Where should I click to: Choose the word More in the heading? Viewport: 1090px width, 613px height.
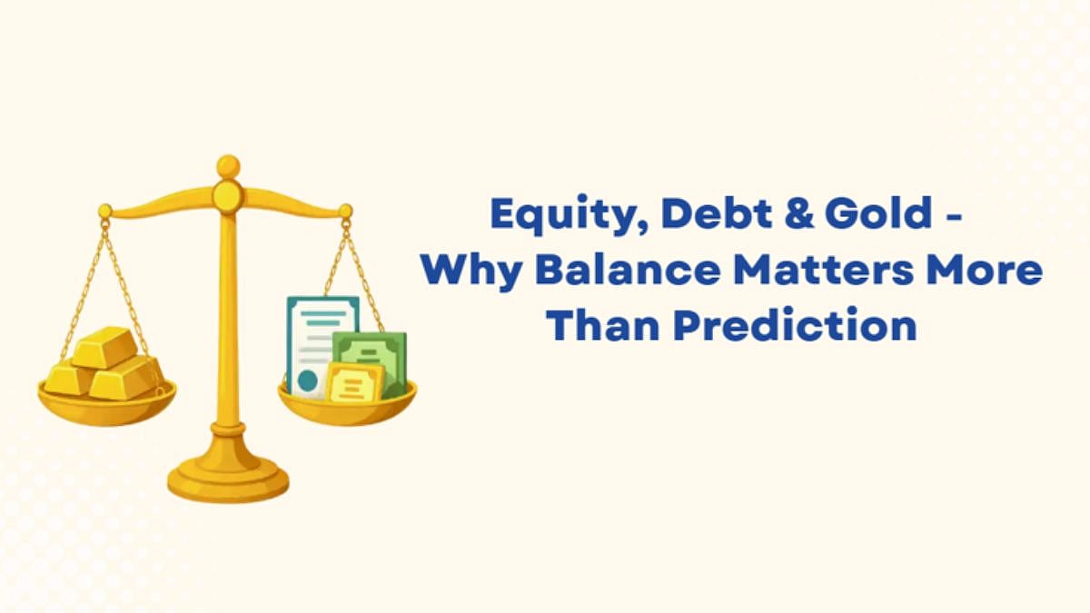point(991,270)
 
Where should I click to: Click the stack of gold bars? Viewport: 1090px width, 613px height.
point(104,362)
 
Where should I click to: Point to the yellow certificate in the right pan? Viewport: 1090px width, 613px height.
point(355,384)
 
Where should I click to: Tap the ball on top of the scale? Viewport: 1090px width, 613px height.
point(228,166)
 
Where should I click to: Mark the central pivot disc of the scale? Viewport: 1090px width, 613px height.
point(228,194)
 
